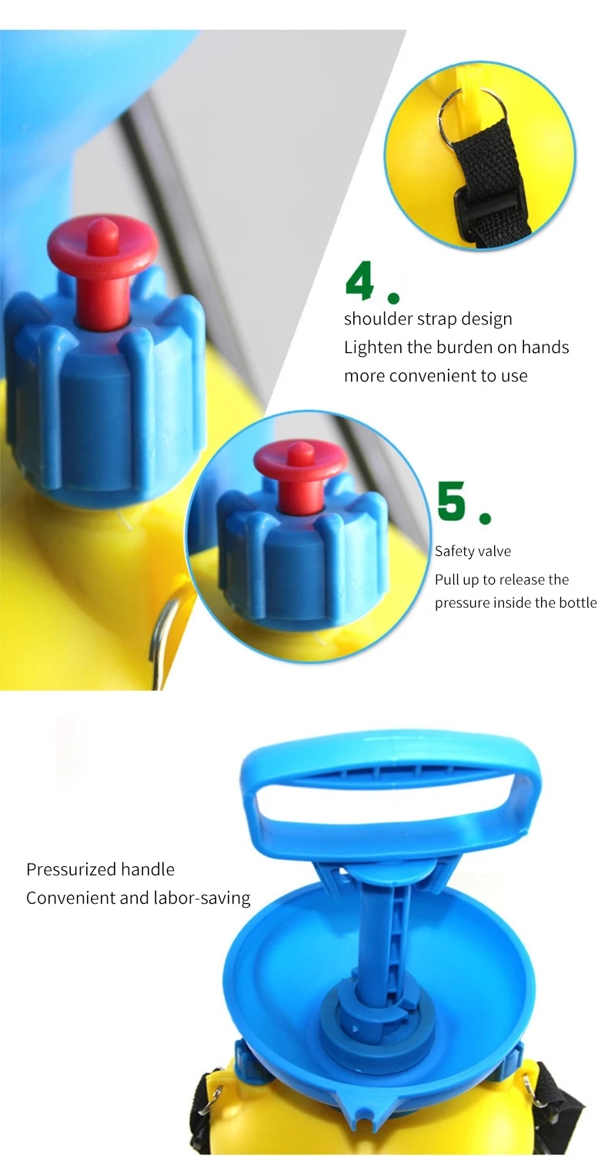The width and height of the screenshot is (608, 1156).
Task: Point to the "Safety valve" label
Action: tap(473, 551)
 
